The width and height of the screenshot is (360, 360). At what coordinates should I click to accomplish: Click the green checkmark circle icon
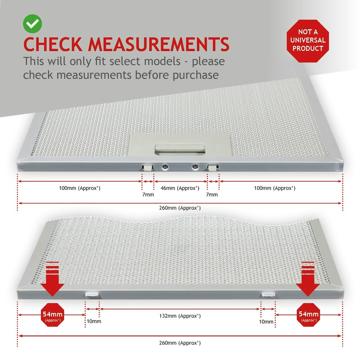[x=32, y=24]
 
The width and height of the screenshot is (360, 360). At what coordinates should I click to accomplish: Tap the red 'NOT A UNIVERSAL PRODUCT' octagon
[x=307, y=41]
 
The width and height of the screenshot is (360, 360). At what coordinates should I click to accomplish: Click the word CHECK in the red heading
[x=53, y=44]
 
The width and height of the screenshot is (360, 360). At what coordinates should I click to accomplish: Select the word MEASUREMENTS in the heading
[x=159, y=44]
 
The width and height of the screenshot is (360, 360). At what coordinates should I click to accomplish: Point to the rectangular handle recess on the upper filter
[x=180, y=150]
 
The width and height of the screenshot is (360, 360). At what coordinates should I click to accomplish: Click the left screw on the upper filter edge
[x=165, y=166]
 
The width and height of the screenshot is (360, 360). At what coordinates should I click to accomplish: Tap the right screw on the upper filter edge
[x=195, y=166]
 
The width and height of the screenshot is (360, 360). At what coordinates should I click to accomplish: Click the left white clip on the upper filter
[x=147, y=167]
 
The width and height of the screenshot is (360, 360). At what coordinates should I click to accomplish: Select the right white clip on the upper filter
[x=213, y=167]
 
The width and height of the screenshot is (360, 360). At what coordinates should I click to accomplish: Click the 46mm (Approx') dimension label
[x=180, y=188]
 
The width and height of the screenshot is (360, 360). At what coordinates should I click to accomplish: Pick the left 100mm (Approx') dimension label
[x=79, y=188]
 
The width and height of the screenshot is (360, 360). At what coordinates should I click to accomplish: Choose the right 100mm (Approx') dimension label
[x=274, y=188]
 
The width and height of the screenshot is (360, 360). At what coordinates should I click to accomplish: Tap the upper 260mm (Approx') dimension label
[x=180, y=208]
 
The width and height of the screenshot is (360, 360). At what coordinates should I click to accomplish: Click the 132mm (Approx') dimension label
[x=180, y=316]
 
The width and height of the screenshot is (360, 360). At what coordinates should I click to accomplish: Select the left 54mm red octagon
[x=52, y=315]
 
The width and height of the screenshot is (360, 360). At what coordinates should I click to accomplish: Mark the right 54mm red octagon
[x=309, y=315]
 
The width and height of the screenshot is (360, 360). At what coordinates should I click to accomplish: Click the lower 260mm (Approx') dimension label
[x=180, y=343]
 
